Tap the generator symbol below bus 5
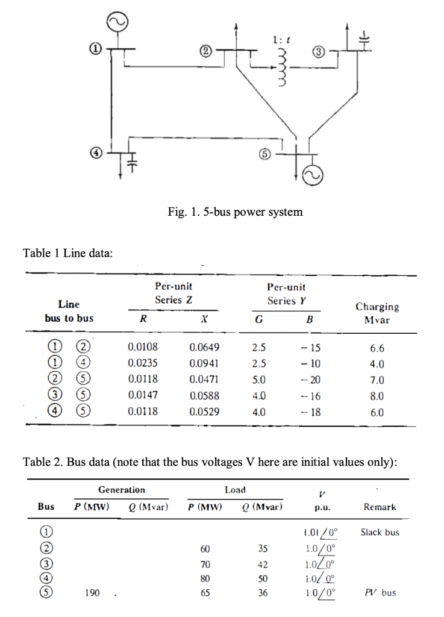click(316, 175)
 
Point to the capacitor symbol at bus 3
click(363, 37)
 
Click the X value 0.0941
click(204, 363)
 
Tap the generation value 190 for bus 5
click(92, 593)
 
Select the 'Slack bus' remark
click(380, 532)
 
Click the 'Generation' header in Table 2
click(121, 490)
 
